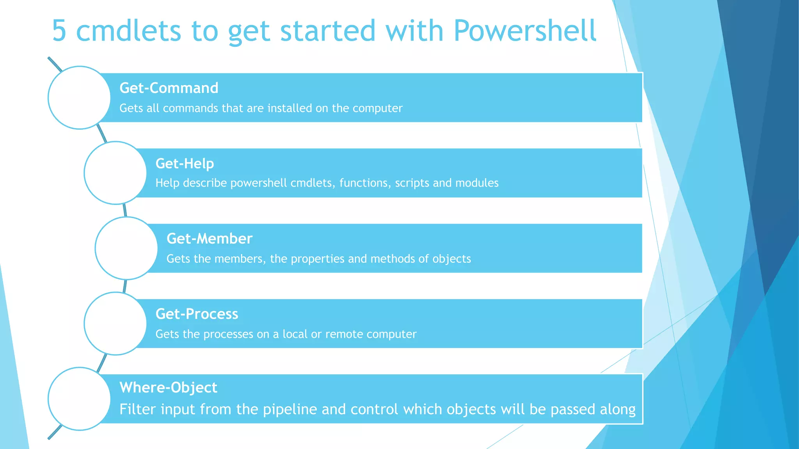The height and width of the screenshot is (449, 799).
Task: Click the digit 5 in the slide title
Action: pyautogui.click(x=59, y=31)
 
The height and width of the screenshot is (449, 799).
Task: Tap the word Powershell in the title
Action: pyautogui.click(x=525, y=31)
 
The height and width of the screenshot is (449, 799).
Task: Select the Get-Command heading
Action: pyautogui.click(x=169, y=88)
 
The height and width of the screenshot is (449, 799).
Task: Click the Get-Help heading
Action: pyautogui.click(x=185, y=164)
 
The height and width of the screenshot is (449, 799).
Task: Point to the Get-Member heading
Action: pyautogui.click(x=210, y=239)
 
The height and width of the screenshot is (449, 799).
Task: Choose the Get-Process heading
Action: pyautogui.click(x=197, y=314)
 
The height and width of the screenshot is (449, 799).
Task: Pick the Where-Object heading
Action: pyautogui.click(x=168, y=387)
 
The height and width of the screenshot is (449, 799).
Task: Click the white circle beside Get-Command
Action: pyautogui.click(x=80, y=97)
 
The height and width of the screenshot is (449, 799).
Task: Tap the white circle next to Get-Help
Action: pyautogui.click(x=115, y=173)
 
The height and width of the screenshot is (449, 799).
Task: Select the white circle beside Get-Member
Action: pyautogui.click(x=126, y=248)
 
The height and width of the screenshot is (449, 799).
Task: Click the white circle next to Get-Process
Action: pyautogui.click(x=115, y=323)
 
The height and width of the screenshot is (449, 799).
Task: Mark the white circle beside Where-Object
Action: pyautogui.click(x=80, y=399)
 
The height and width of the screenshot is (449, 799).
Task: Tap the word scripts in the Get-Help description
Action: pyautogui.click(x=412, y=183)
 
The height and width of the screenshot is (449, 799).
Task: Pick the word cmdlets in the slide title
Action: pyautogui.click(x=128, y=31)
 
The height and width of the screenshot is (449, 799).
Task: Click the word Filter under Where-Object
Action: pyautogui.click(x=137, y=409)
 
